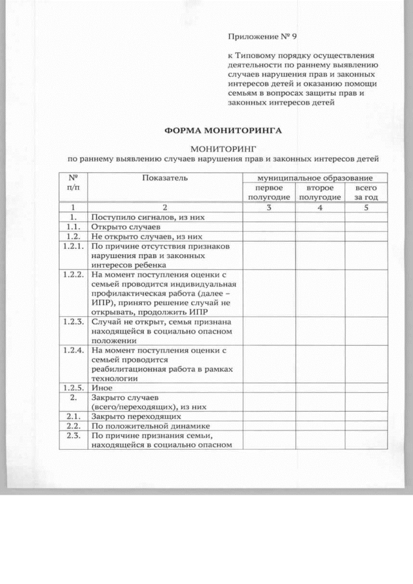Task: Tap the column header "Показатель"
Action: tap(165, 177)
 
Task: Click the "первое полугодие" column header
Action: tap(268, 192)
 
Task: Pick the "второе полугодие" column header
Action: tap(319, 192)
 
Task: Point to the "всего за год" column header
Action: tap(366, 192)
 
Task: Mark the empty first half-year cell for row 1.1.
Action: tap(268, 227)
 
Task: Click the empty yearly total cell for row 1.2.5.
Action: tap(366, 388)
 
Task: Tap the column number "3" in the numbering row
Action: tap(268, 208)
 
